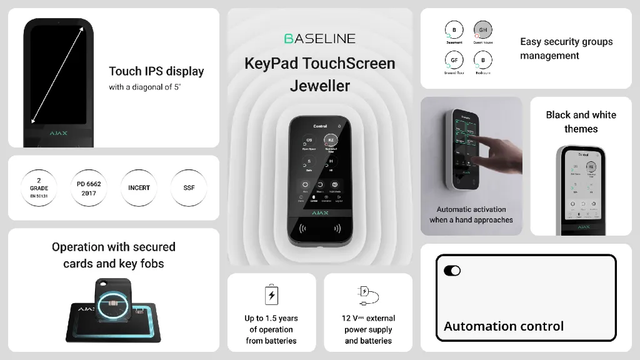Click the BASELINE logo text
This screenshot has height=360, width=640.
[319, 39]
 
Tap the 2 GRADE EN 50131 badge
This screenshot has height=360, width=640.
[39, 187]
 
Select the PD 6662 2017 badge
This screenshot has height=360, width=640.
[89, 188]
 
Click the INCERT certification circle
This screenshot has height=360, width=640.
[139, 188]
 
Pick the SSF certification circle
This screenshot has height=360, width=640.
[189, 188]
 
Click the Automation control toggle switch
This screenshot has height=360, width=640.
[452, 271]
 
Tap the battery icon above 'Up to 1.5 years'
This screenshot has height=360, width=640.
[271, 294]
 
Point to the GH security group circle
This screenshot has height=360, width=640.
[483, 30]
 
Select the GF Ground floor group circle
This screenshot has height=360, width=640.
[454, 60]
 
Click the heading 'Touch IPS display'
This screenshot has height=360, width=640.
[156, 71]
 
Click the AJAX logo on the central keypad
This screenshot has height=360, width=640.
[319, 213]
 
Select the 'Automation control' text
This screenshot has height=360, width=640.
[503, 326]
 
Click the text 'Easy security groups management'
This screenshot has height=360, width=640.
[566, 49]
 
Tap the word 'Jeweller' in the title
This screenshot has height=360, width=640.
[319, 86]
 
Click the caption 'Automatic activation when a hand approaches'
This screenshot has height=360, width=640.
[471, 214]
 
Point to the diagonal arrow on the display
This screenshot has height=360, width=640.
[57, 75]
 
